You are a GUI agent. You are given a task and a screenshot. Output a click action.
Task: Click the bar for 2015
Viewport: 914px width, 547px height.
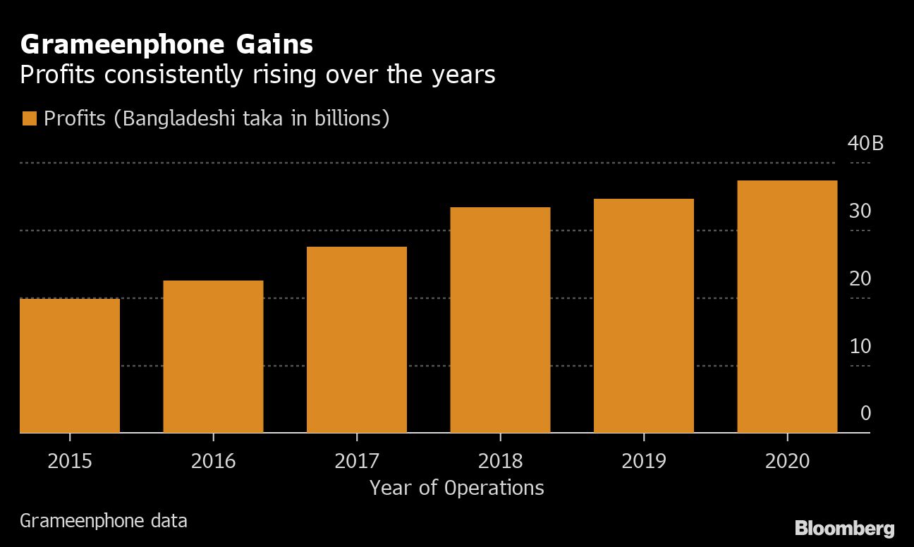[x=70, y=365]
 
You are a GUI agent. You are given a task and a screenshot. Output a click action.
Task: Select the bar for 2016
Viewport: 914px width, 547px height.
[x=213, y=356]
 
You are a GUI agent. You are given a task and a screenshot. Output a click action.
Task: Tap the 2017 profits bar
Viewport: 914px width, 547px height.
[x=357, y=339]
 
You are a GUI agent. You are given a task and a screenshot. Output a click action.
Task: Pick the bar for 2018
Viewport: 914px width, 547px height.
[x=500, y=319]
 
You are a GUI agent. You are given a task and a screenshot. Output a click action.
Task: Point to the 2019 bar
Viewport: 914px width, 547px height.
[x=644, y=315]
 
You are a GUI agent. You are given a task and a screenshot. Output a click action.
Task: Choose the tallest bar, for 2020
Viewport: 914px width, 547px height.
[x=787, y=306]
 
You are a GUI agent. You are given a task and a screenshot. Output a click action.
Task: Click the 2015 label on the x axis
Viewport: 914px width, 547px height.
[x=70, y=462]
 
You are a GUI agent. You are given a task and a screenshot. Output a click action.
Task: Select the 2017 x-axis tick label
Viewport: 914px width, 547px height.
[x=357, y=462]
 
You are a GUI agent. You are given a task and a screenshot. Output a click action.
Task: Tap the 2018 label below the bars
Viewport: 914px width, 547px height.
[x=500, y=462]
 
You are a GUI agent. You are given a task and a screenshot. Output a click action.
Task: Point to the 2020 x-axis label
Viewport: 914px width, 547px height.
[x=787, y=462]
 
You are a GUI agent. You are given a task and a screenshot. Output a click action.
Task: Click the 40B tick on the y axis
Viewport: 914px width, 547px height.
[x=865, y=144]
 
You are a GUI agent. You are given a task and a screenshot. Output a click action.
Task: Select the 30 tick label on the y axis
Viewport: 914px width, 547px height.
[x=860, y=211]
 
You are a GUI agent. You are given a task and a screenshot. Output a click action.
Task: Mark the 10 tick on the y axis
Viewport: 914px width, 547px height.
[x=860, y=346]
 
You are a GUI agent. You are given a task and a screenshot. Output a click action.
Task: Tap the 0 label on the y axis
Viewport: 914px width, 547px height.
[x=865, y=413]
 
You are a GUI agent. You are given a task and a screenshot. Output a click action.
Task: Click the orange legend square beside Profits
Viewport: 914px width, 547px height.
[x=29, y=118]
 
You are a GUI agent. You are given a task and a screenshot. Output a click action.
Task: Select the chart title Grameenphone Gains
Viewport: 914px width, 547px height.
[x=166, y=45]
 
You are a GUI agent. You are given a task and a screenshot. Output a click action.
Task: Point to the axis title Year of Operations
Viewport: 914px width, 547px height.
[x=457, y=488]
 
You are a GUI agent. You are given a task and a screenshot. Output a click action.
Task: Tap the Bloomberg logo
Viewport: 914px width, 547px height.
[x=844, y=528]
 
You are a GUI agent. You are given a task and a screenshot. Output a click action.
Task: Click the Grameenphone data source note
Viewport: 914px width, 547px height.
[x=104, y=522]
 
